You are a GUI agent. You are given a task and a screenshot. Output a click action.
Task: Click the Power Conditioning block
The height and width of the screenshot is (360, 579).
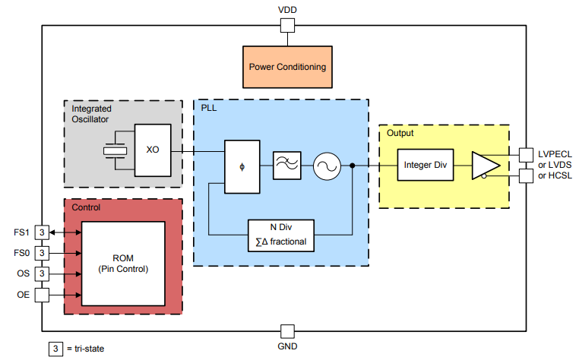click(x=287, y=66)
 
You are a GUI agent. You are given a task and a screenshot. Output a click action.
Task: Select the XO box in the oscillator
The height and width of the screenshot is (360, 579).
click(x=153, y=150)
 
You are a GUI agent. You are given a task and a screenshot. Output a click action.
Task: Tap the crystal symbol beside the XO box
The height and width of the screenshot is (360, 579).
click(x=115, y=150)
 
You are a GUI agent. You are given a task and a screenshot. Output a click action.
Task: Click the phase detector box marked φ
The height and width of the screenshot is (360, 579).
click(x=242, y=166)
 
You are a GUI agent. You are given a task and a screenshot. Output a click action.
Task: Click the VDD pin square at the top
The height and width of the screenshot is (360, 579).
click(x=288, y=26)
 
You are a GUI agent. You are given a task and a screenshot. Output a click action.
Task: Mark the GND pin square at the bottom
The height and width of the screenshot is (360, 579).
click(x=288, y=332)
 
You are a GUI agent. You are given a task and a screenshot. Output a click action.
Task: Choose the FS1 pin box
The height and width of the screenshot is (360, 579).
click(x=43, y=232)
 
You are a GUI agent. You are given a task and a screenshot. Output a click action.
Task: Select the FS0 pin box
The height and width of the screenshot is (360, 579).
click(x=43, y=252)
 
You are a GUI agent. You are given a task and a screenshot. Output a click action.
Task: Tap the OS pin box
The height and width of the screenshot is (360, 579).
click(x=43, y=273)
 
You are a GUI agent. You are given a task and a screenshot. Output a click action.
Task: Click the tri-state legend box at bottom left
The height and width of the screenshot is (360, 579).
click(x=55, y=349)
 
